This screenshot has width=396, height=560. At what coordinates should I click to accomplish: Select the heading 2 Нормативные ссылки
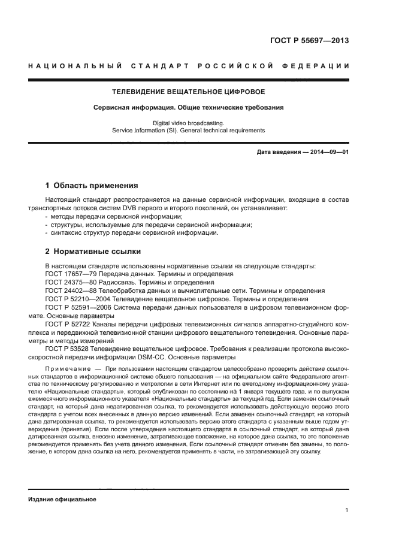93,251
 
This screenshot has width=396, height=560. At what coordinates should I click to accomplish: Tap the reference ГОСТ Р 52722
67,323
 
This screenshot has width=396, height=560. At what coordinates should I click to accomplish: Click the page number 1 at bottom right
347,510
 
